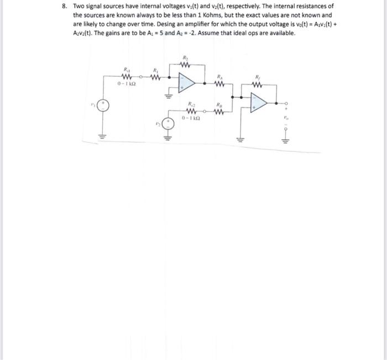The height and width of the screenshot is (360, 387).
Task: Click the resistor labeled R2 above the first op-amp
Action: point(185,63)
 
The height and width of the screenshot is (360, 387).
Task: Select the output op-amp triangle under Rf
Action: point(258,103)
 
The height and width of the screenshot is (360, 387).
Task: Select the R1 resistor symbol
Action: point(156,77)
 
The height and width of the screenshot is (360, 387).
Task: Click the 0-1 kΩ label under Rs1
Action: point(127,83)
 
